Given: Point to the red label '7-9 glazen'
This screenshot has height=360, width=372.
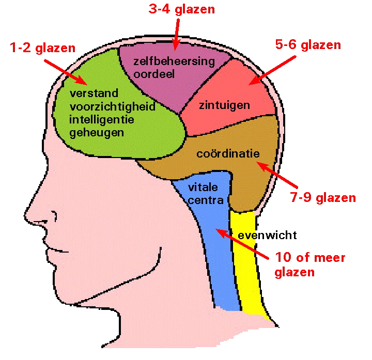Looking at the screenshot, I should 323,198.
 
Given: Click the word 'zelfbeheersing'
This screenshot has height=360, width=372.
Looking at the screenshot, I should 174,61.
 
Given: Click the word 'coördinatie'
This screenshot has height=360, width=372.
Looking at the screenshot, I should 228,154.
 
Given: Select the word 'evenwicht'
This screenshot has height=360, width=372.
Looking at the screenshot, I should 267,236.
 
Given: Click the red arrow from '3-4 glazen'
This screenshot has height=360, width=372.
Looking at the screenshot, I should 176,34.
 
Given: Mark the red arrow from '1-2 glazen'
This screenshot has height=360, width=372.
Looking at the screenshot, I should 65,72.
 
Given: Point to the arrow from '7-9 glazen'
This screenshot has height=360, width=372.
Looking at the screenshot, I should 278,176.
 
